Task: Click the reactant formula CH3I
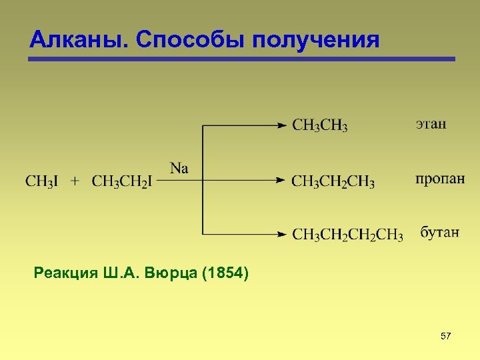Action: click(x=41, y=181)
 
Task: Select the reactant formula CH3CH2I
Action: click(x=122, y=181)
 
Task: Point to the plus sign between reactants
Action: click(x=75, y=181)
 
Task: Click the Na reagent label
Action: click(x=179, y=168)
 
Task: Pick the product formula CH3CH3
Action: click(x=320, y=125)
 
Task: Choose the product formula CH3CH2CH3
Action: click(x=333, y=181)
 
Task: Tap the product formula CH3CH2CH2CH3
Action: click(x=347, y=235)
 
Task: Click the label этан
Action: click(x=431, y=124)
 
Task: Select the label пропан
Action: click(x=440, y=179)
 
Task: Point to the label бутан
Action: click(x=439, y=233)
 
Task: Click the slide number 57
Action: click(x=446, y=337)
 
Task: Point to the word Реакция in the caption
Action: click(x=64, y=273)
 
